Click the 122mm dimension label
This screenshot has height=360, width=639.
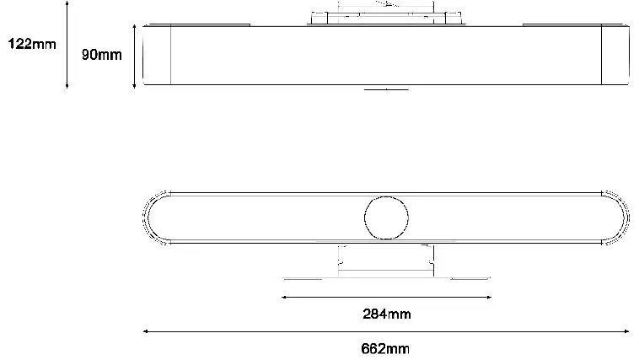(32, 44)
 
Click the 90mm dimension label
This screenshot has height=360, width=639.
(102, 55)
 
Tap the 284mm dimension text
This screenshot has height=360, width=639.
(386, 314)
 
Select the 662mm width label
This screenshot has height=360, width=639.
(386, 347)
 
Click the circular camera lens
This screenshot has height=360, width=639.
(386, 217)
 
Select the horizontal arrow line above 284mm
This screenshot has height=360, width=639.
(386, 297)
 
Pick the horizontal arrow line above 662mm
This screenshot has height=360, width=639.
(386, 331)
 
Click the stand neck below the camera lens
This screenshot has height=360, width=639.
(386, 257)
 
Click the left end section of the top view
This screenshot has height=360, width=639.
(158, 56)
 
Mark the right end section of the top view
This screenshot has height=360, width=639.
(614, 56)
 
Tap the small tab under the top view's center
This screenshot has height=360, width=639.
(385, 88)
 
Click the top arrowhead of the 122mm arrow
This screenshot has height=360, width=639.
(67, 4)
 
